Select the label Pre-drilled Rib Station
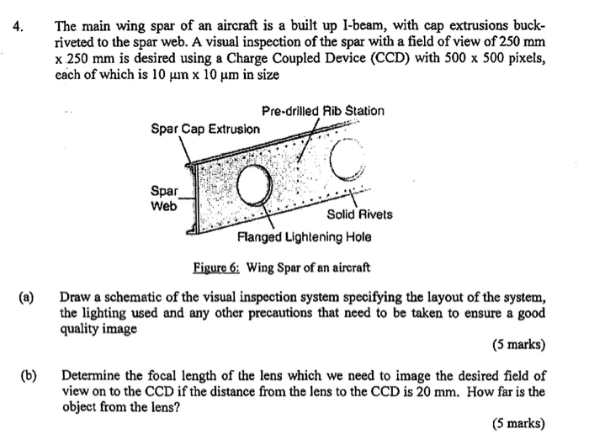[x=323, y=111]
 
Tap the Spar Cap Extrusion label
[x=204, y=129]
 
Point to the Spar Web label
[x=163, y=198]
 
